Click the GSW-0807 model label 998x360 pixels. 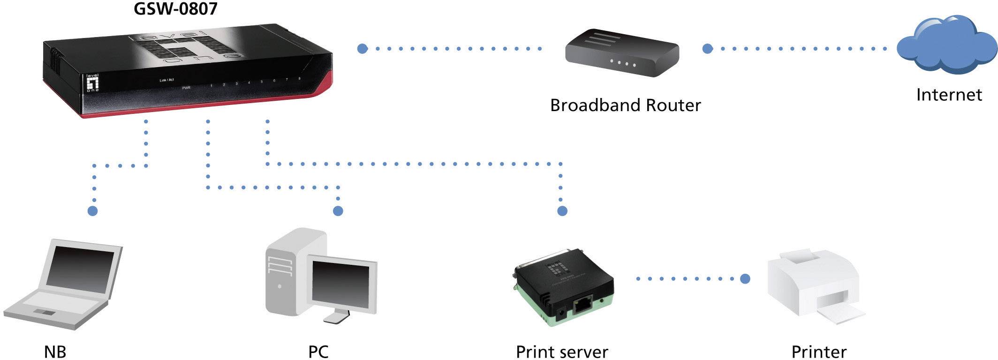(176, 9)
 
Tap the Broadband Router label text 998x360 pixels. (625, 105)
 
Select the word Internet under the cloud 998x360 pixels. (949, 95)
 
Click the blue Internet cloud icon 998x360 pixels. (946, 46)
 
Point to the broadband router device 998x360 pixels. (622, 54)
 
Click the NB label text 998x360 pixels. (55, 352)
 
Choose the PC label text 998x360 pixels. (318, 352)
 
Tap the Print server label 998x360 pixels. (562, 352)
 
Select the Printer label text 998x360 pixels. (819, 352)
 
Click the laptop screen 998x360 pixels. (82, 266)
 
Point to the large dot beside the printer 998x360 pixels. (745, 279)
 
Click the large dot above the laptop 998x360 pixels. (93, 211)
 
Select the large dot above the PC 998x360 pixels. (338, 211)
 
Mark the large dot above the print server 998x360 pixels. (562, 211)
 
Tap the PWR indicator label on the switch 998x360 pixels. (186, 88)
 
